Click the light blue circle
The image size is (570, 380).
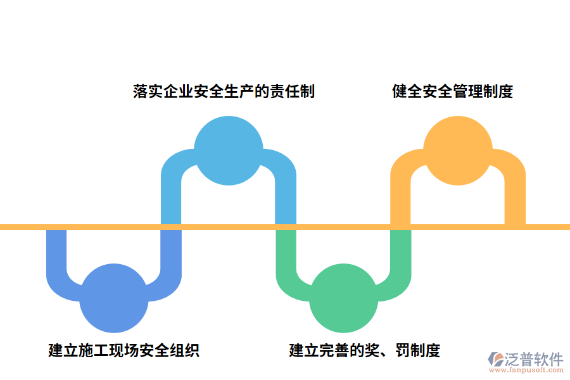228,151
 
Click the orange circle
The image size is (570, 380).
457,151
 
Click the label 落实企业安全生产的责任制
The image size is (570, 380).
224,91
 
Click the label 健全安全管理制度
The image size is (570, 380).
452,91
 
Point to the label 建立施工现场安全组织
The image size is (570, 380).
124,350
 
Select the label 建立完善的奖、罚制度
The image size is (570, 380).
365,350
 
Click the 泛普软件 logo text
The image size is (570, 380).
533,360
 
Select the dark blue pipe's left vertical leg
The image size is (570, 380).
56,253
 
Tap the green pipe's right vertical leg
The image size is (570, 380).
400,253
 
